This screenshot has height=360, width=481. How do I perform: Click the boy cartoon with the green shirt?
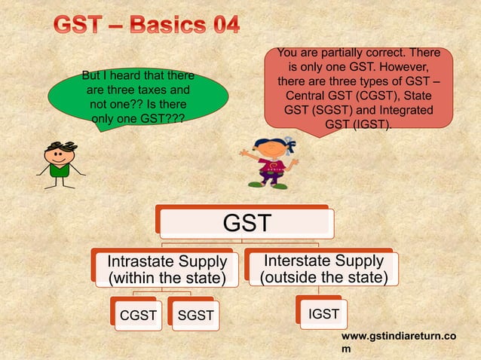tap(60, 160)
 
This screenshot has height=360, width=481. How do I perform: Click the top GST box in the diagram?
tap(246, 223)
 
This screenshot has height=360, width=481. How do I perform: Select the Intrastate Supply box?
tap(167, 270)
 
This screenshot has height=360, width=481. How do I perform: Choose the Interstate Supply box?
tap(323, 269)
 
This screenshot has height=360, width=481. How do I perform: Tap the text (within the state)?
tap(166, 278)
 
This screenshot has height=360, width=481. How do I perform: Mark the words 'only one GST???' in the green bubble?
tap(136, 118)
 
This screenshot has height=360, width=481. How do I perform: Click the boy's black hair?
tap(59, 145)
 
